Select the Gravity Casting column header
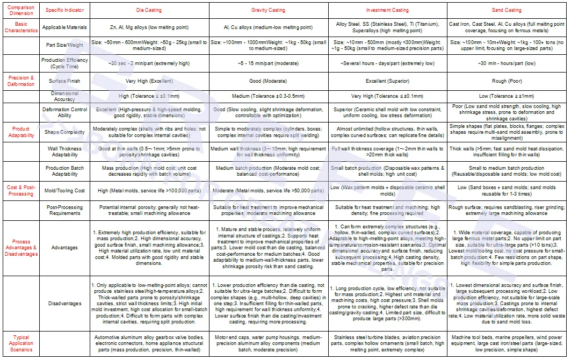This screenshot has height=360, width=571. [x=268, y=10]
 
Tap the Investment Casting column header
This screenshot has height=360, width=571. [x=387, y=10]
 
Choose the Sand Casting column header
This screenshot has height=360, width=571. [x=507, y=10]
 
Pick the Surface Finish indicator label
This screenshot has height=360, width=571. [x=65, y=82]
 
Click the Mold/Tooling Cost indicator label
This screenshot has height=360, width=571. [x=65, y=191]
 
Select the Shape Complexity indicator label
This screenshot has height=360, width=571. [x=65, y=132]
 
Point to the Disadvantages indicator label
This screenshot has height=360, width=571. [x=65, y=304]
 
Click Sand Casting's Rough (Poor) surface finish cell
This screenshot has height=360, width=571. [x=507, y=82]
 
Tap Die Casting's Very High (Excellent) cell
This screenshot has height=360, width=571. [x=149, y=82]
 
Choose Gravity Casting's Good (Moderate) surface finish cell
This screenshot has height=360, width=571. [x=268, y=82]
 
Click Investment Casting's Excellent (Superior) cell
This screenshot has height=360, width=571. [x=387, y=82]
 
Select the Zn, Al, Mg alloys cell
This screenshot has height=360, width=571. [x=149, y=27]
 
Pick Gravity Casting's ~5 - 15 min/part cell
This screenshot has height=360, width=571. [x=268, y=63]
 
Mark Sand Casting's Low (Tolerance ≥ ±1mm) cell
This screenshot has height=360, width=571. [x=507, y=96]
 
